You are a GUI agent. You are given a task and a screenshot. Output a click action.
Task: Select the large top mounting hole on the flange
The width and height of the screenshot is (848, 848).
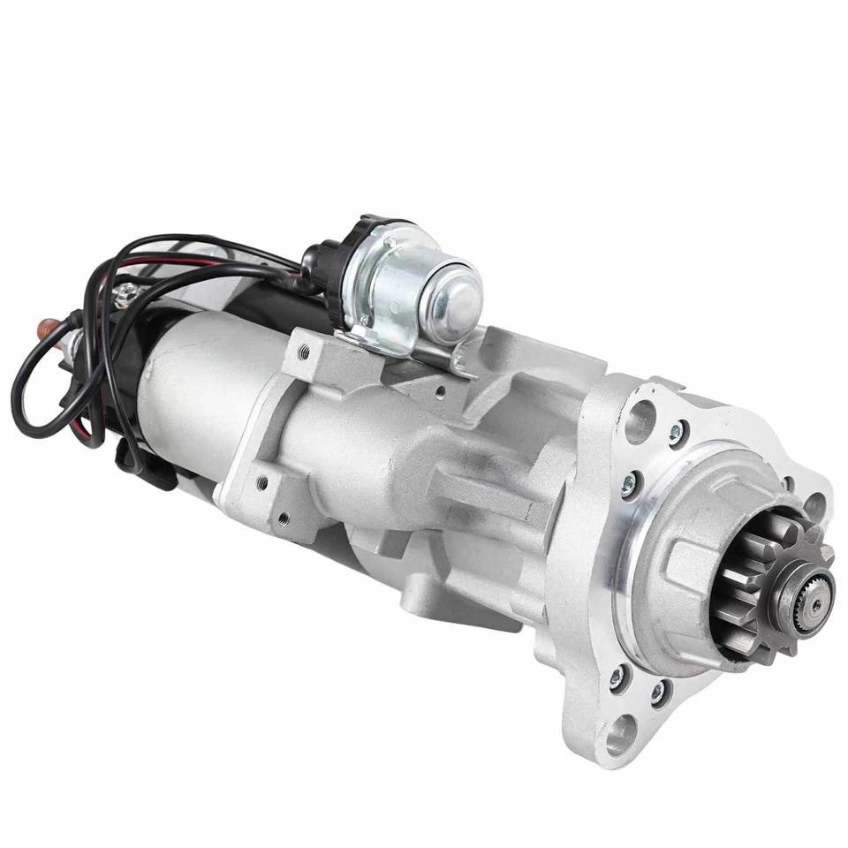coord(640,421)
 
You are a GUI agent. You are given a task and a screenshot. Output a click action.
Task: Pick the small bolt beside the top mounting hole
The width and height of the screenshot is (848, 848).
coord(677,432)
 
